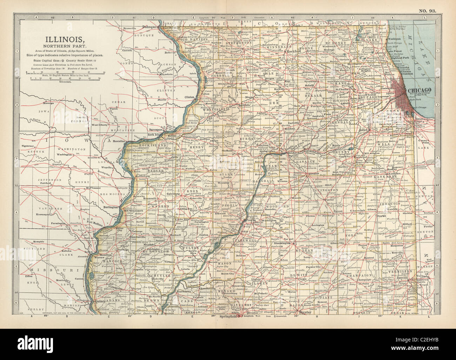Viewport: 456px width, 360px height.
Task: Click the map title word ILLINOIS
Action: [x=63, y=39]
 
